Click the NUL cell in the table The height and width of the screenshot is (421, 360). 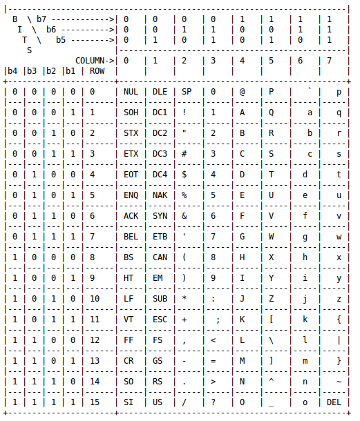pyautogui.click(x=131, y=92)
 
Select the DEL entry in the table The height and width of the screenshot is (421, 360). pyautogui.click(x=334, y=402)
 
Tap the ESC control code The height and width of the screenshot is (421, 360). pyautogui.click(x=160, y=320)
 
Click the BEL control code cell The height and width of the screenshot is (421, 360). pyautogui.click(x=131, y=237)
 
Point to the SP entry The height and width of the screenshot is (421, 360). pyautogui.click(x=187, y=92)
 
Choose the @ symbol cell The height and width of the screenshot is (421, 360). pyautogui.click(x=243, y=92)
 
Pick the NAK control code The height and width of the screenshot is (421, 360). pyautogui.click(x=160, y=195)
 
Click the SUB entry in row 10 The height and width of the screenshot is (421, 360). pyautogui.click(x=160, y=299)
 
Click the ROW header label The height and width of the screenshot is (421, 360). pyautogui.click(x=97, y=70)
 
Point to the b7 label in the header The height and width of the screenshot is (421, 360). pyautogui.click(x=41, y=19)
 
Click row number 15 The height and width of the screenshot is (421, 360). pyautogui.click(x=95, y=402)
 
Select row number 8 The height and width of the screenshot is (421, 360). pyautogui.click(x=92, y=257)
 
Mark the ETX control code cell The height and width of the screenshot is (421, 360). pyautogui.click(x=131, y=154)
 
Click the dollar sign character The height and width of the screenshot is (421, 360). pyautogui.click(x=184, y=175)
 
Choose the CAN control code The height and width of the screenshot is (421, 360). pyautogui.click(x=160, y=257)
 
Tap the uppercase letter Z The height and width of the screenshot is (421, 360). pyautogui.click(x=272, y=299)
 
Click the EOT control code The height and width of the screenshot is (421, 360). pyautogui.click(x=131, y=175)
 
